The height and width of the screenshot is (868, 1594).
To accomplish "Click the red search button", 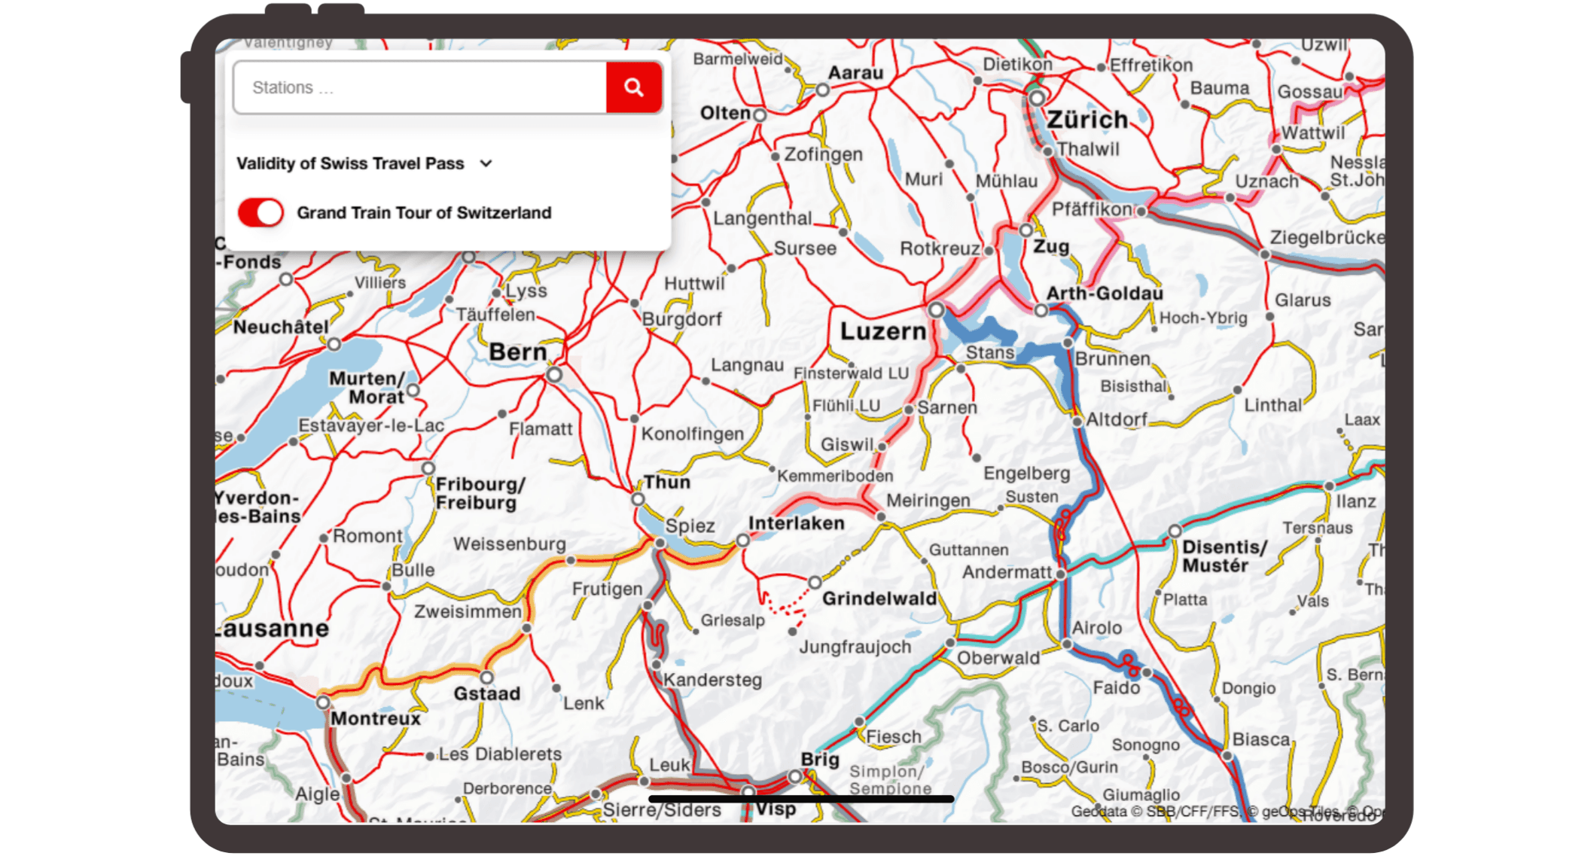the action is (x=633, y=87).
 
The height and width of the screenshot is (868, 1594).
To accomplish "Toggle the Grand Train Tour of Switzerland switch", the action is (x=261, y=212).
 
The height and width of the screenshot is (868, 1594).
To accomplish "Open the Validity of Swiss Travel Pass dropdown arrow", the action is (x=486, y=163).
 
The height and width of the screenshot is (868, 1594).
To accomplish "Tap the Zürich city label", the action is (x=1087, y=120).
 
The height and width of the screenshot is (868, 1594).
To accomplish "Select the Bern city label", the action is (x=518, y=352).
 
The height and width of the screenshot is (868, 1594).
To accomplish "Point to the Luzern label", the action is (x=882, y=331).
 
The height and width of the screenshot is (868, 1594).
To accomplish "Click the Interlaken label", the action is (x=796, y=523).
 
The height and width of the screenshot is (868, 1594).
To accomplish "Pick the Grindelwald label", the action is (x=879, y=598).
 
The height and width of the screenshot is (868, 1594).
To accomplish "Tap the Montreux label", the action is (x=376, y=718).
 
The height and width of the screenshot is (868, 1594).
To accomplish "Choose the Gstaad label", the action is (x=486, y=693).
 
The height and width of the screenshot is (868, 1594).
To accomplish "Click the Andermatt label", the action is (x=1007, y=572).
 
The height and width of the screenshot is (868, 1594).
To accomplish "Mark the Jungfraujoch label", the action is (x=855, y=647).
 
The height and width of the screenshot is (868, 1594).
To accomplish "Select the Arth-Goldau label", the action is (x=1105, y=293).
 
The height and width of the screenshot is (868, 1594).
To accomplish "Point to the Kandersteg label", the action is (x=712, y=680).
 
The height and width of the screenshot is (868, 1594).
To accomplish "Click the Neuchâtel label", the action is (x=281, y=327).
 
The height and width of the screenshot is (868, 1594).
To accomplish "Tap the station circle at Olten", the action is (x=760, y=115).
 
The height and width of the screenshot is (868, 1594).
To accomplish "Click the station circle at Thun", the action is (x=638, y=499).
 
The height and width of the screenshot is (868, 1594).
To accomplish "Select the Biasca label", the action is (x=1260, y=739).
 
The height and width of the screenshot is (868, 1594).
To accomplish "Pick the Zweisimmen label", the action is (x=468, y=611).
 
